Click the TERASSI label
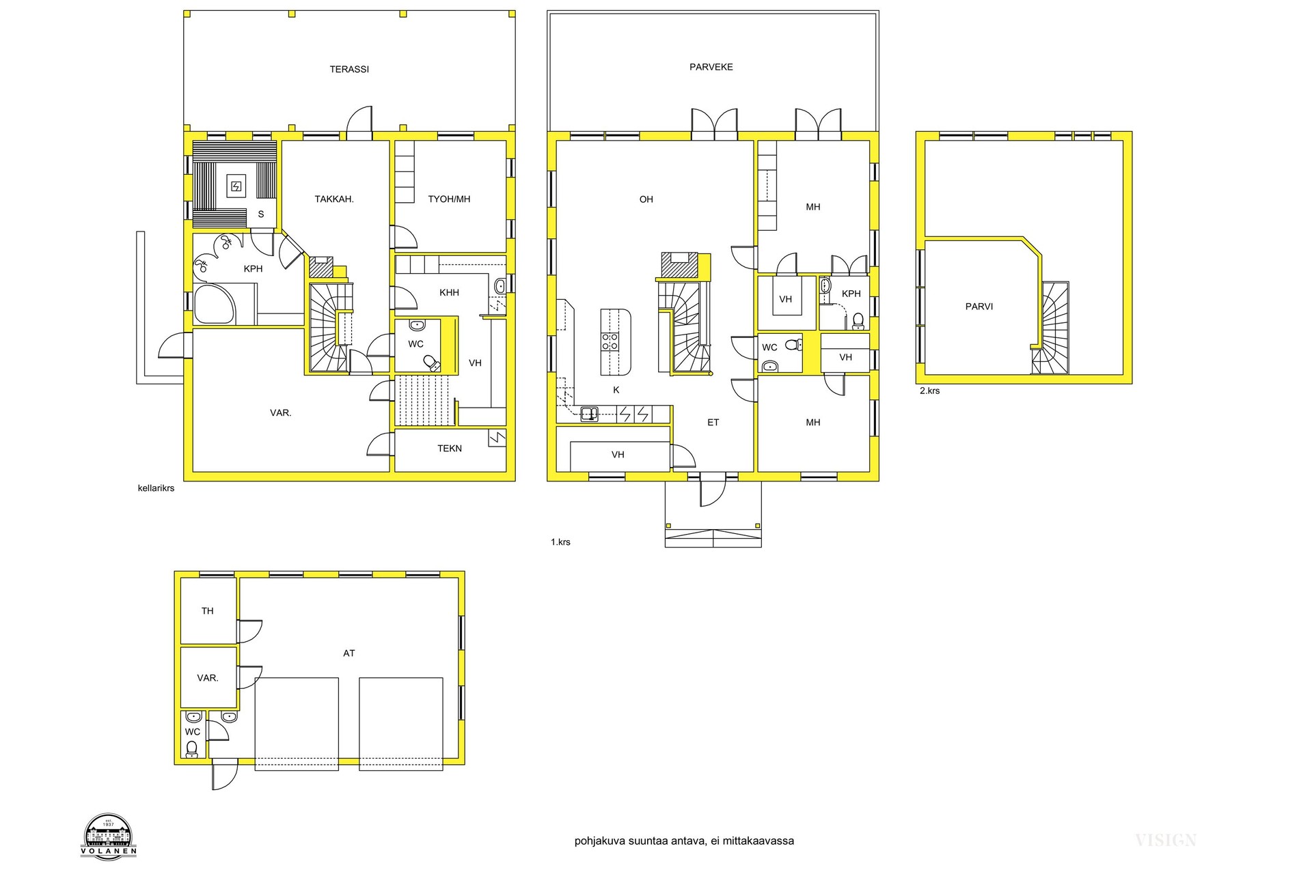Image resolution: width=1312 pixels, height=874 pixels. [x=349, y=69]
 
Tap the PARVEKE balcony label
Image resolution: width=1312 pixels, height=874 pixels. [x=711, y=67]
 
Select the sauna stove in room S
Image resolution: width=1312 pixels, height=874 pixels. [x=236, y=186]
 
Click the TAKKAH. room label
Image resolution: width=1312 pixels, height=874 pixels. [x=333, y=199]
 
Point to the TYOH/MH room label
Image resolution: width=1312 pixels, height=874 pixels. [x=449, y=199]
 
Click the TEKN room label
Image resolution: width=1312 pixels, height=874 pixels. [x=450, y=449]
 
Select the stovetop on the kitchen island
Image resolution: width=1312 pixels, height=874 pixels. [x=610, y=341]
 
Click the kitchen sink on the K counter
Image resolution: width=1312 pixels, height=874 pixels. [x=589, y=413]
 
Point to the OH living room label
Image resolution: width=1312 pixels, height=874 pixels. [x=646, y=199]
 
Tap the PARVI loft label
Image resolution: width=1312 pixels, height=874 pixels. [x=979, y=307]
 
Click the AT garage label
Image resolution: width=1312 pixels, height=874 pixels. [x=349, y=653]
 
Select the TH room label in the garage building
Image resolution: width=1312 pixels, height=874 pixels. [x=208, y=611]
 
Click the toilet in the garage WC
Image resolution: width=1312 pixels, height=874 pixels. [x=192, y=749]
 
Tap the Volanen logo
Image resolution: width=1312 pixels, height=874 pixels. [x=109, y=834]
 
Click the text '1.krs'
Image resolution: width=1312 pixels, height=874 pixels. [x=560, y=542]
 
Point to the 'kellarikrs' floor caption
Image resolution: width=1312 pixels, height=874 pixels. [x=156, y=488]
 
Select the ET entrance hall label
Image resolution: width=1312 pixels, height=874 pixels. [x=713, y=423]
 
